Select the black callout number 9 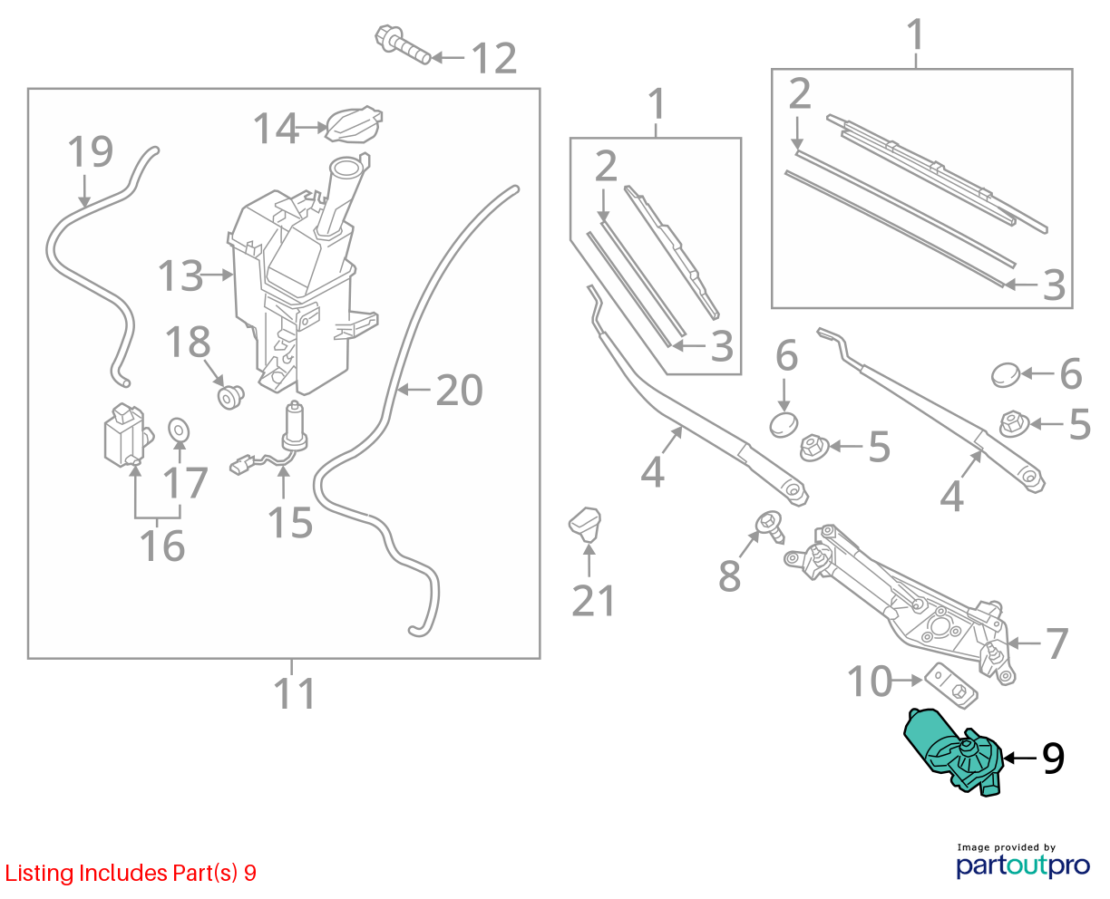click(x=1053, y=759)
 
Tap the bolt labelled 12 click(x=403, y=44)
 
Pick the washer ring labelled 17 click(x=179, y=430)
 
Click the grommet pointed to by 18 click(x=230, y=397)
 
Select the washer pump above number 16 click(x=128, y=435)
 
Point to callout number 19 click(x=91, y=151)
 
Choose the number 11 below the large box click(x=295, y=692)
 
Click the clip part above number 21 click(x=585, y=525)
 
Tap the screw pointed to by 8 click(x=770, y=527)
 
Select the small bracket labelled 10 click(x=950, y=685)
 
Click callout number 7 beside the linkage click(x=1056, y=643)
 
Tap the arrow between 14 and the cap click(x=311, y=127)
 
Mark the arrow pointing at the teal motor click(x=1020, y=759)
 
